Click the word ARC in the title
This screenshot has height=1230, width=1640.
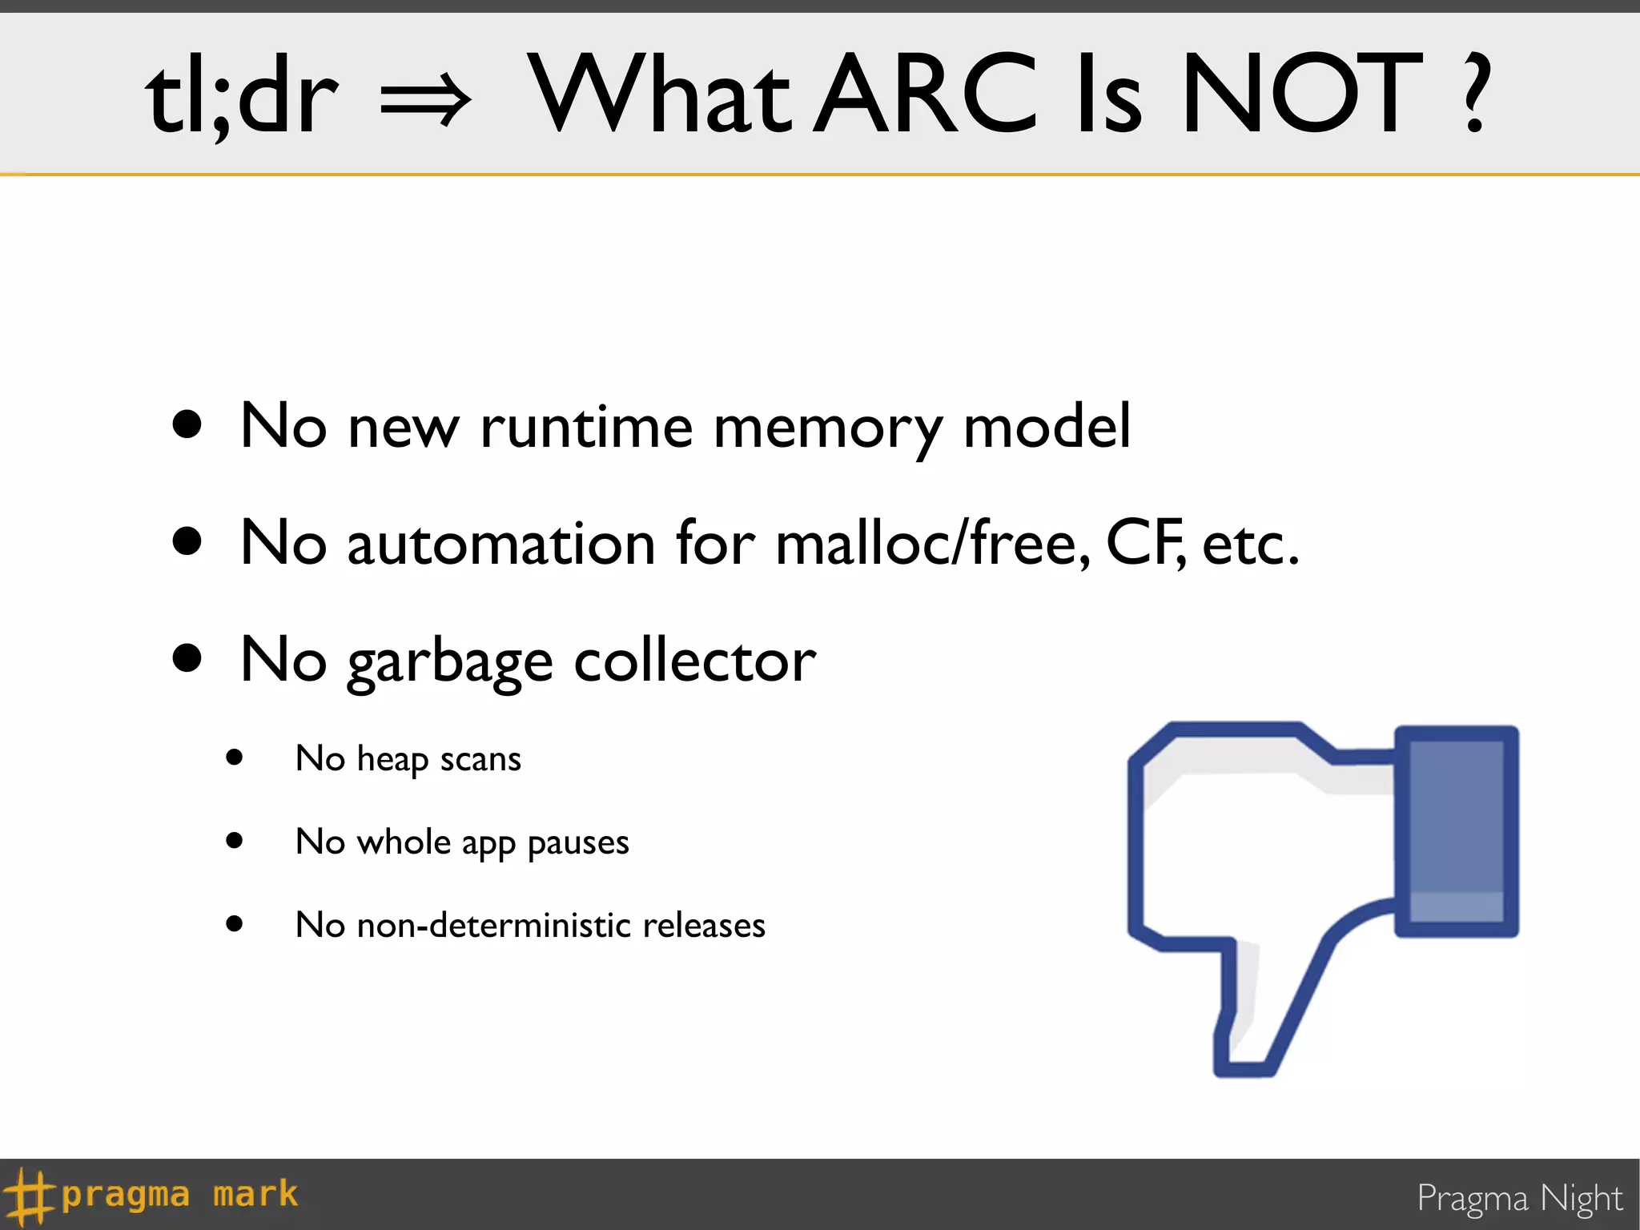pos(927,93)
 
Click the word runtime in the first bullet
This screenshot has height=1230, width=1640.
pos(586,427)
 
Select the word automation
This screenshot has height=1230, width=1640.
pos(501,544)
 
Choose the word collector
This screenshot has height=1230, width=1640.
pos(695,661)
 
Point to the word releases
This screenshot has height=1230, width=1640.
pos(704,926)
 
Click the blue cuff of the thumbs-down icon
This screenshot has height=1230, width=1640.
pos(1457,830)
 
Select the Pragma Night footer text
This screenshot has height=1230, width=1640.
pos(1519,1199)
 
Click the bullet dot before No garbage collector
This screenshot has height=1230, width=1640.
pos(187,658)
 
